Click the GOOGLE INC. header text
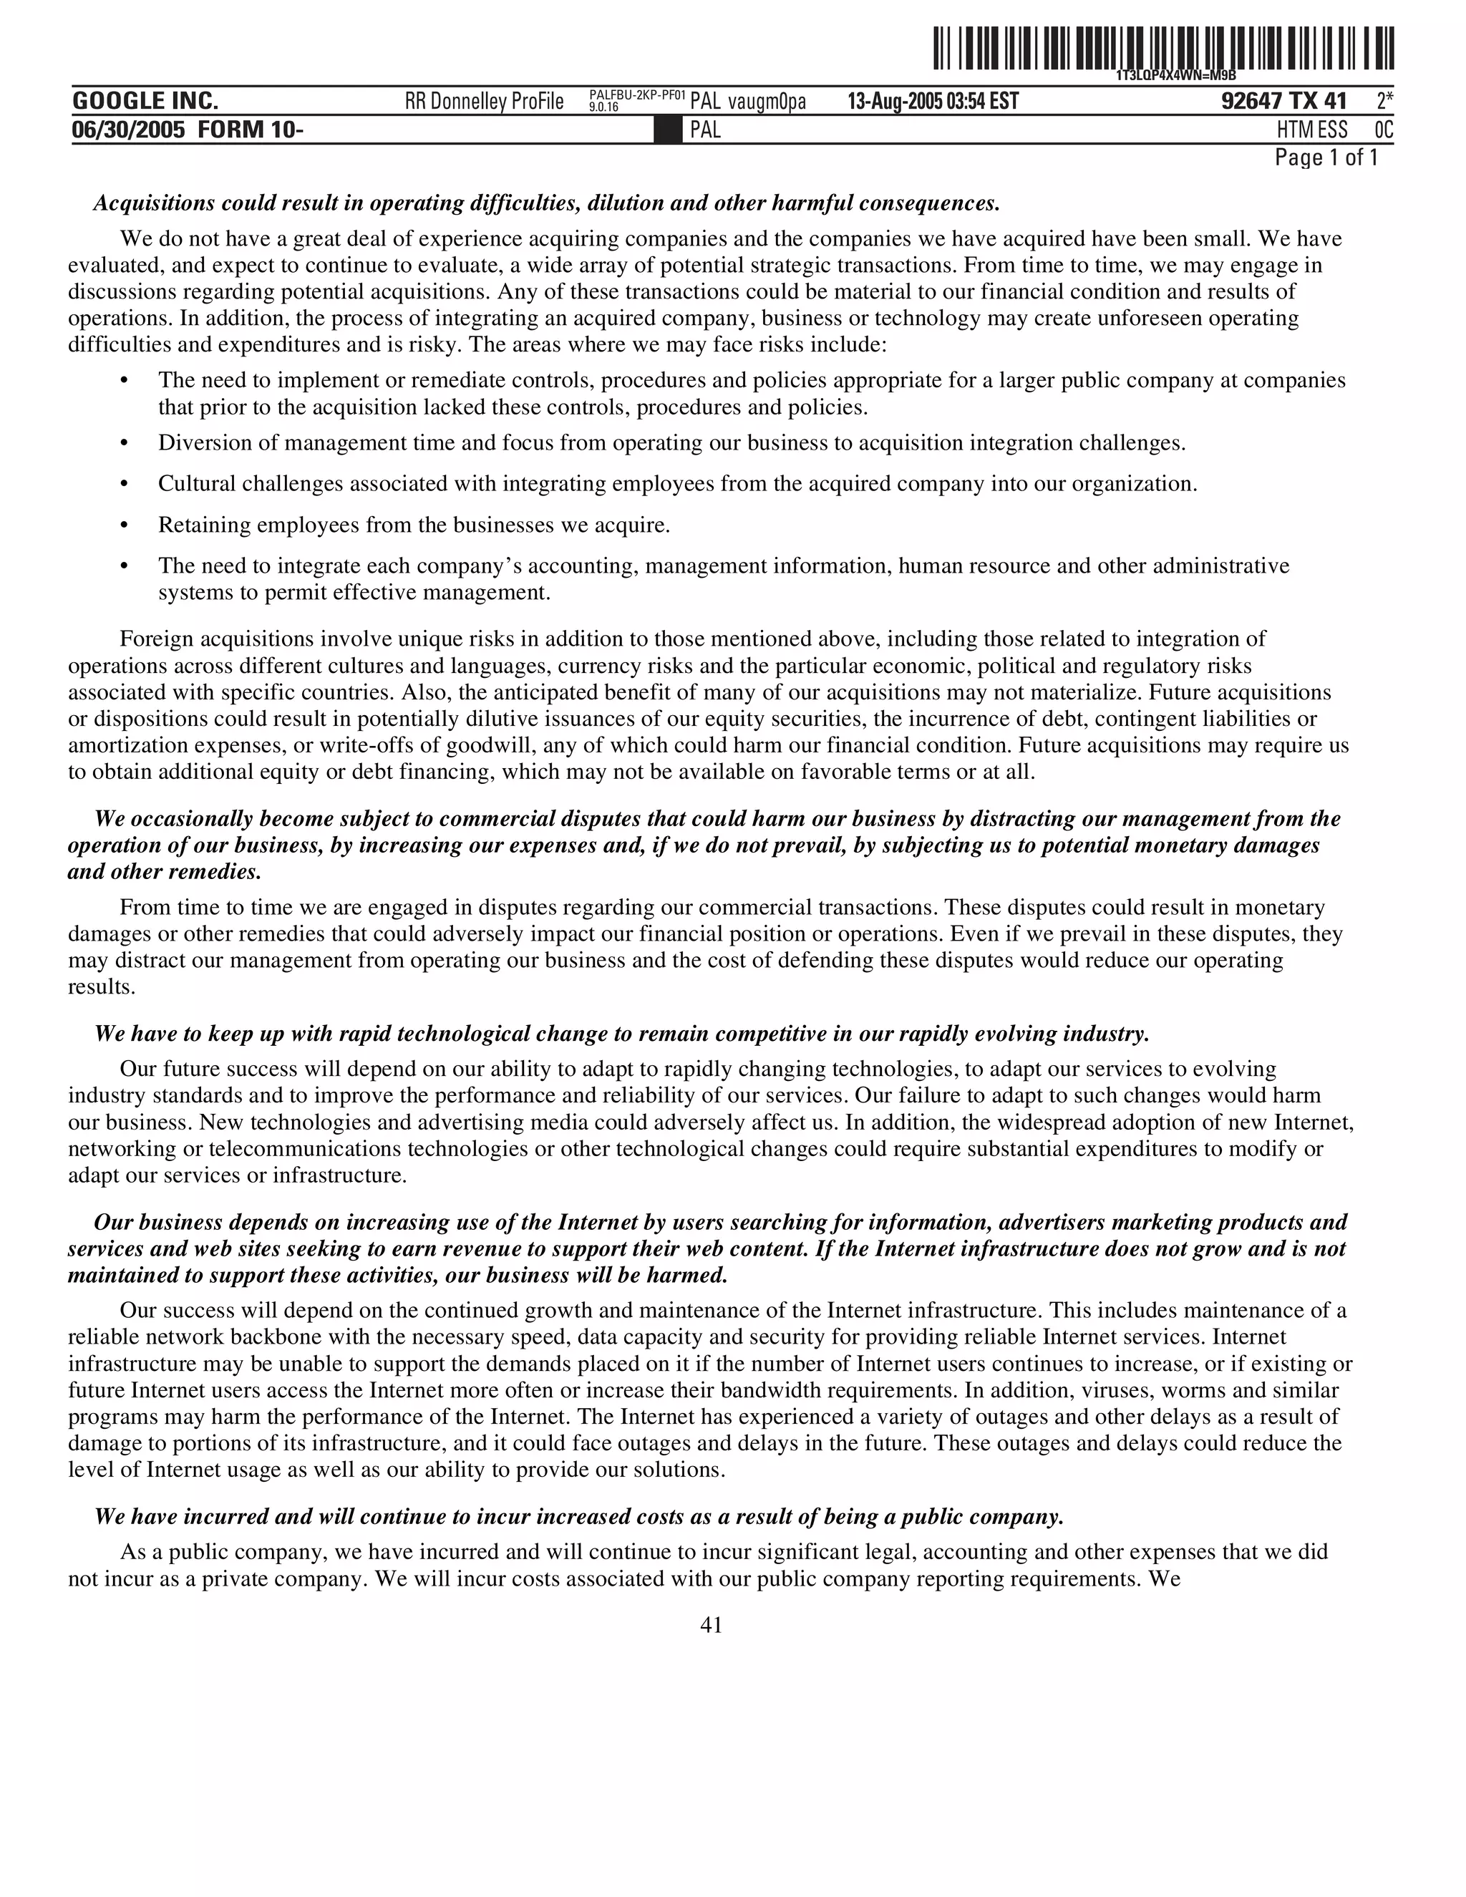[145, 101]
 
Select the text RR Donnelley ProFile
[484, 102]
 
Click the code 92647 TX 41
[1283, 102]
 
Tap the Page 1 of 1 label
[1325, 157]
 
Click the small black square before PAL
[667, 130]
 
